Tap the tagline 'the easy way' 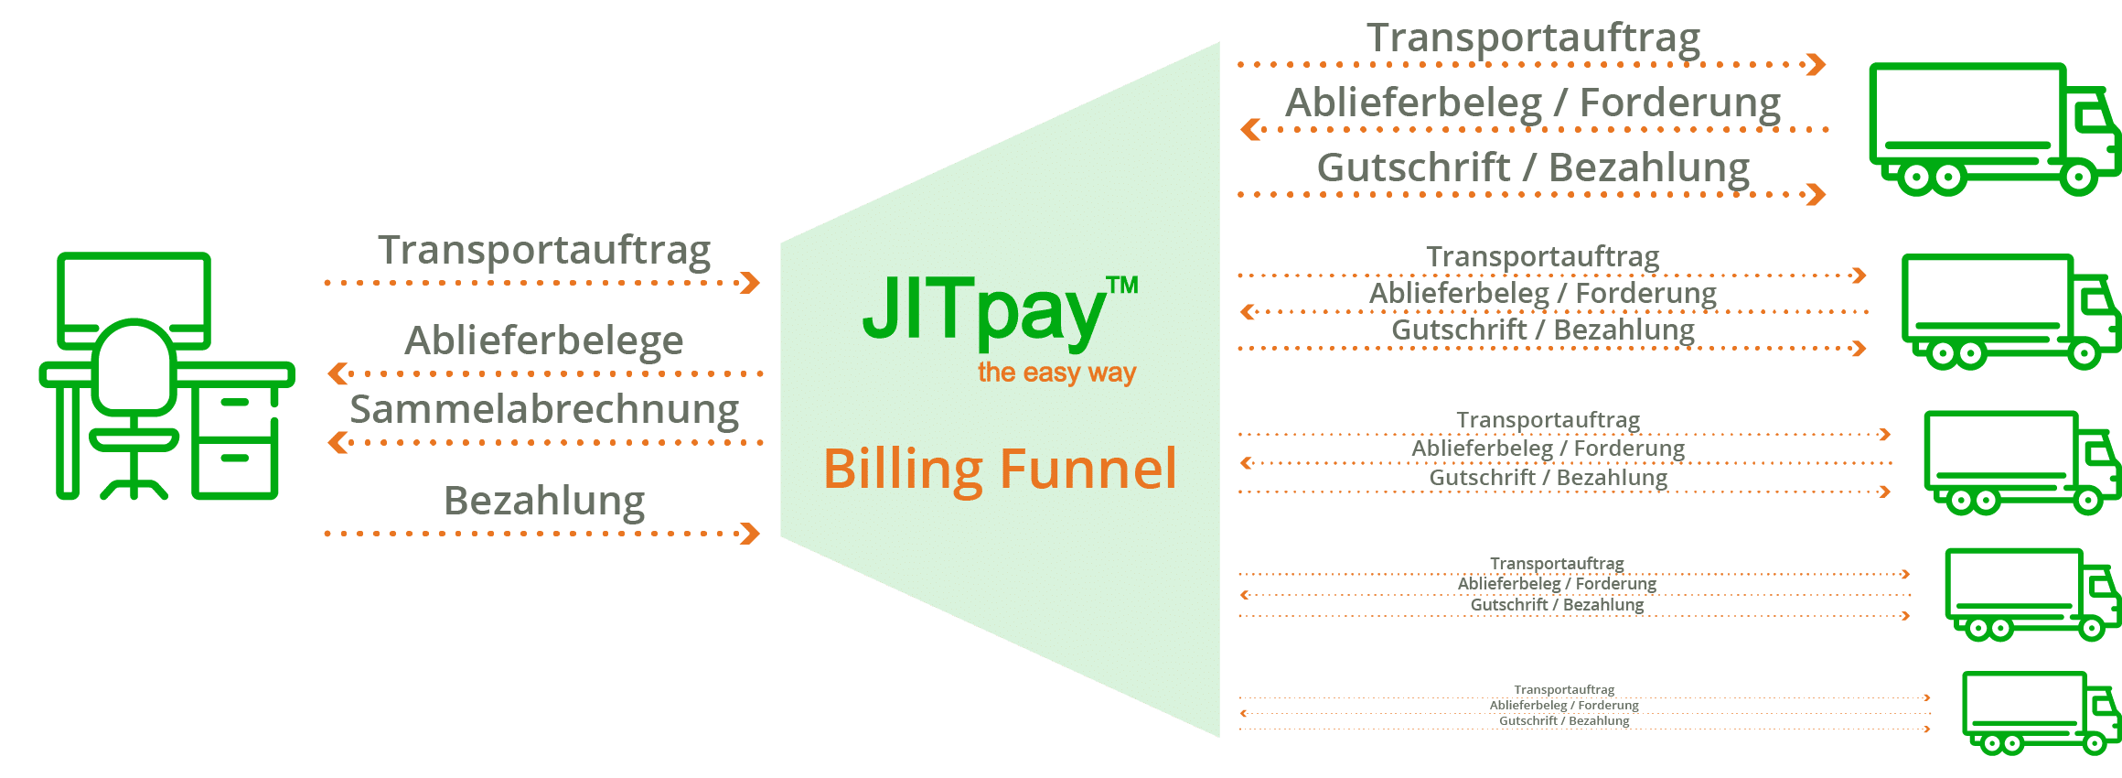[x=1056, y=373]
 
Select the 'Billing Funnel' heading [x=1000, y=470]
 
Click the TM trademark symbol [x=1122, y=286]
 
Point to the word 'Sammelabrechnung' [x=544, y=409]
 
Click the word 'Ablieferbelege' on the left [x=544, y=340]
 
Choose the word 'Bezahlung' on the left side [x=544, y=501]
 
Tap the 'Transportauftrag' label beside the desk [x=544, y=250]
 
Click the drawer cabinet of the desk [x=235, y=444]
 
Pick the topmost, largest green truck [x=1994, y=128]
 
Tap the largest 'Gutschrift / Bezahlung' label [x=1533, y=167]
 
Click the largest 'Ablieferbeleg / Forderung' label [x=1533, y=103]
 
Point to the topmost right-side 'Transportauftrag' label [x=1533, y=38]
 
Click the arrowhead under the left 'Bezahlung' [x=750, y=534]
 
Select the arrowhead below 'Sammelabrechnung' [x=338, y=443]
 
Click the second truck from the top [x=2012, y=311]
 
